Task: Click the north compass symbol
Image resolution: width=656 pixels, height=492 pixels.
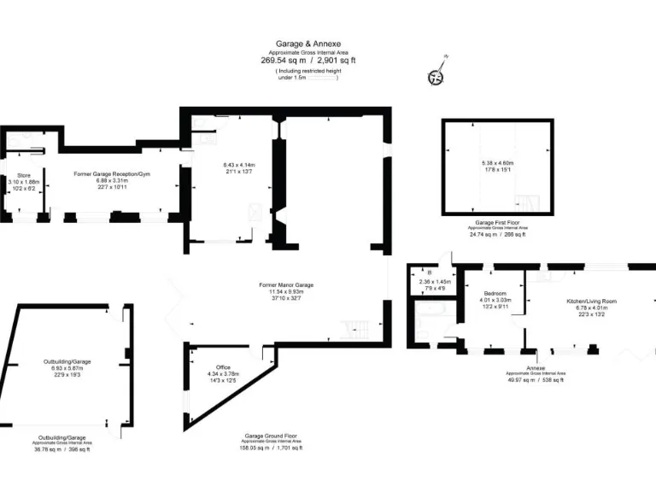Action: click(436, 75)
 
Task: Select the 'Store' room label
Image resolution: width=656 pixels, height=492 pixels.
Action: click(24, 175)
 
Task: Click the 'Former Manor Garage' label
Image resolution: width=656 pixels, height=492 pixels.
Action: click(286, 284)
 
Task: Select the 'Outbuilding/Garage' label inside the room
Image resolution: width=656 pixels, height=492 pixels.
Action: click(67, 361)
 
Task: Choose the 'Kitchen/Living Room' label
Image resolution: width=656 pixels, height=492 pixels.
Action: click(591, 302)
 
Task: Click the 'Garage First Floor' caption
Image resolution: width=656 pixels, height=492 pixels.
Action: click(497, 222)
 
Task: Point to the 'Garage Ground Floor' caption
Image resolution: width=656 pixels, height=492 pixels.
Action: click(272, 435)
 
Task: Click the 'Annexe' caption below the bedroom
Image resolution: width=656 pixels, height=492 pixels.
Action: click(524, 366)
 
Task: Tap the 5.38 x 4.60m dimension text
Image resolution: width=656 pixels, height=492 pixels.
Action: click(497, 163)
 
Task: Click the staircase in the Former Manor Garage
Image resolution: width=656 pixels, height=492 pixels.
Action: click(354, 329)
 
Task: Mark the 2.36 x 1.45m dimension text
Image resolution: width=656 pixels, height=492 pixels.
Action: click(436, 282)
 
